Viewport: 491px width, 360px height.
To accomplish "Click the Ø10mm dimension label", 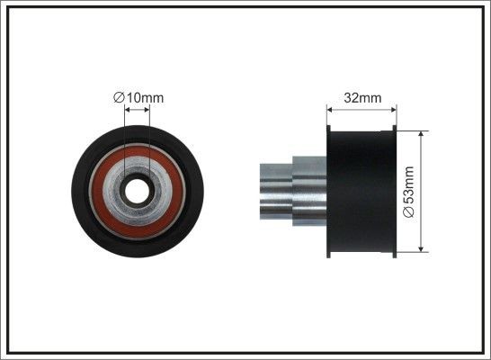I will (x=138, y=96).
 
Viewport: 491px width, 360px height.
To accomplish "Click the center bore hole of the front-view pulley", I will (x=137, y=191).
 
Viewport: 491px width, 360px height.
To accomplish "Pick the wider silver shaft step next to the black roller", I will (x=308, y=191).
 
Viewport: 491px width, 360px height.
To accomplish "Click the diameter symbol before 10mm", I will (x=119, y=96).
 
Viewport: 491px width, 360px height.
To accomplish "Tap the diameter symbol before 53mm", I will (x=409, y=212).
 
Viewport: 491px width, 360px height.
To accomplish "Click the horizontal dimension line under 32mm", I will (x=362, y=105).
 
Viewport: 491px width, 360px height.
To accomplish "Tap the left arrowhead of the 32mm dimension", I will (x=330, y=105).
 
